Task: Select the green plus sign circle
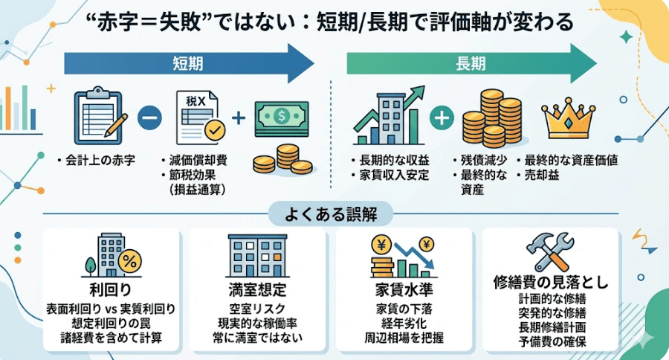tap(442, 118)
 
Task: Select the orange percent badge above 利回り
tap(129, 261)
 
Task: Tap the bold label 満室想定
tap(258, 289)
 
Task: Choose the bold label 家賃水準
tap(404, 289)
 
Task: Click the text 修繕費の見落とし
tap(551, 283)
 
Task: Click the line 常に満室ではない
tap(258, 338)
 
